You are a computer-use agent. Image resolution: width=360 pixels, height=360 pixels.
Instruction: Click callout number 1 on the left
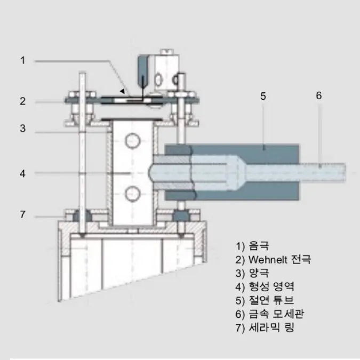point(22,60)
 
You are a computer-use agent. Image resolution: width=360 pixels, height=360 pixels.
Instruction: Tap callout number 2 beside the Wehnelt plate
point(22,101)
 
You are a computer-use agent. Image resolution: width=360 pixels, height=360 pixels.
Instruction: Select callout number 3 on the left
point(22,129)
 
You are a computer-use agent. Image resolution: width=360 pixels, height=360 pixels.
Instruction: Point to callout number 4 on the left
point(22,173)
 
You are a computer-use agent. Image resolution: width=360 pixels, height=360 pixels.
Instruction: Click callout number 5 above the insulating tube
point(263,96)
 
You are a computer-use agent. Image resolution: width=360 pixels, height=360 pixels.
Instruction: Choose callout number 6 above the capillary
point(319,95)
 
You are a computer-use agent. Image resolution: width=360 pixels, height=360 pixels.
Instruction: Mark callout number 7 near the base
point(22,214)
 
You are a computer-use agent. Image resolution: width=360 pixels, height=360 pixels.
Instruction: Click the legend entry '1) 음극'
point(252,246)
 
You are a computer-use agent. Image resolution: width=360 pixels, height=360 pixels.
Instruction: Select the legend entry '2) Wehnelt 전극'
point(273,259)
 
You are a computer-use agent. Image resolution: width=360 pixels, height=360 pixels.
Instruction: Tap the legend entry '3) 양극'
point(252,273)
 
